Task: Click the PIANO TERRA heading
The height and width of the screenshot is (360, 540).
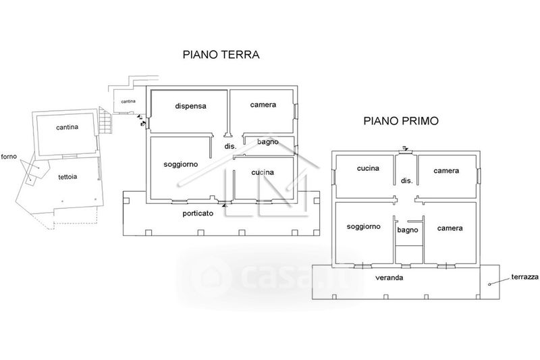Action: [221, 55]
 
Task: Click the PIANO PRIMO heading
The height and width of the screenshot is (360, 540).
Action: [401, 121]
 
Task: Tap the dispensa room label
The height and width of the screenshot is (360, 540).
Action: [190, 106]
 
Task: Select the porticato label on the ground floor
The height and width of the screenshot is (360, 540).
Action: [198, 213]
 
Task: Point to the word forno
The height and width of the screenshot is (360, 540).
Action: [9, 157]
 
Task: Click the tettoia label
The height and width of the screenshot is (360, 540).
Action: [67, 177]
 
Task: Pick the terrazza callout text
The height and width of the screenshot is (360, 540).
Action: [525, 277]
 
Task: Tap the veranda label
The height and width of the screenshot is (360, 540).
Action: [389, 278]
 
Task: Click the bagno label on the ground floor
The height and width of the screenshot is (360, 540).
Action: [268, 142]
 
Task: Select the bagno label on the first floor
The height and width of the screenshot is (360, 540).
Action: [408, 230]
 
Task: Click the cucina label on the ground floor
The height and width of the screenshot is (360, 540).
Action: [263, 172]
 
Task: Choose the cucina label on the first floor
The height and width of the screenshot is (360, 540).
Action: [368, 168]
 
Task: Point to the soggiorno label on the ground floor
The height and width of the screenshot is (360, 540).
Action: [180, 165]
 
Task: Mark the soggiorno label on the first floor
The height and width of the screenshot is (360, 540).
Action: [363, 227]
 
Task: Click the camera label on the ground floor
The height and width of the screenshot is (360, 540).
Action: [263, 105]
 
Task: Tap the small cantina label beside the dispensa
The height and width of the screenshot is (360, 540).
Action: [128, 101]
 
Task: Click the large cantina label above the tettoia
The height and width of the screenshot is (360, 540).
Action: [67, 127]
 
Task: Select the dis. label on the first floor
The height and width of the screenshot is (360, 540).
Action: [407, 180]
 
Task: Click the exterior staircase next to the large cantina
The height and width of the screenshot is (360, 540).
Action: [105, 121]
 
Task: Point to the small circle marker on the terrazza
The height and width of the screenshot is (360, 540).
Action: [489, 284]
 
